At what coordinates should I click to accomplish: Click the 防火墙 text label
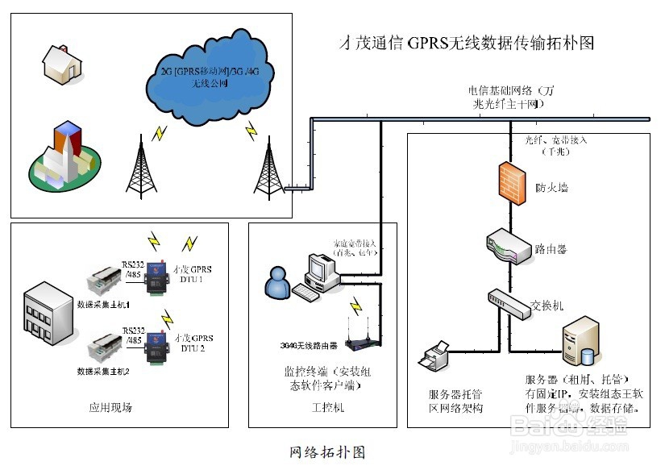(551, 188)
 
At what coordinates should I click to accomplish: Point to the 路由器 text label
(551, 249)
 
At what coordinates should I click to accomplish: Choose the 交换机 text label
(547, 306)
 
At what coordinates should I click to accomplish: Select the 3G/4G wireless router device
(364, 342)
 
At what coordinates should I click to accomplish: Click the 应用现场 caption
(110, 408)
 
